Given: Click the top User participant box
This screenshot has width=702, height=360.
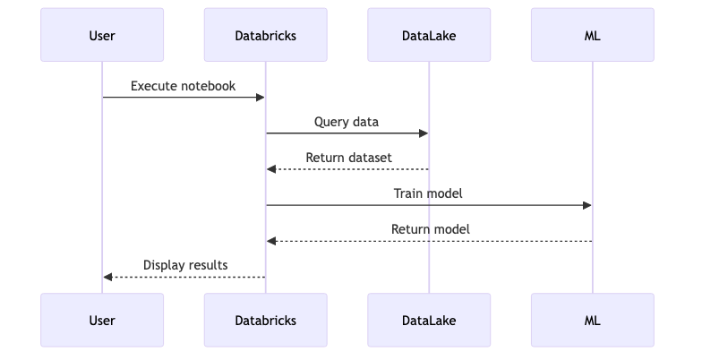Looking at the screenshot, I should coord(102,36).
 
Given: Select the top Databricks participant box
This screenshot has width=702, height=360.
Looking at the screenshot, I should coord(265,36).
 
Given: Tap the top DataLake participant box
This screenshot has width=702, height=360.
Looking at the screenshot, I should coord(429,36).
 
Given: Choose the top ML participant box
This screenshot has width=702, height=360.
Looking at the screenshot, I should coord(592,36).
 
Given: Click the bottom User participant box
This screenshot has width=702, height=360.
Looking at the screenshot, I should coord(102,320).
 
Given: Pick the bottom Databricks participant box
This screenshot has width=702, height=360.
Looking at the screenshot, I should coord(265,320).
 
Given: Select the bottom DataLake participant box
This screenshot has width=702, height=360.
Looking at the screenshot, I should coord(429,320).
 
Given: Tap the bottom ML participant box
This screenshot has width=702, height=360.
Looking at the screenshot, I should coord(592,320).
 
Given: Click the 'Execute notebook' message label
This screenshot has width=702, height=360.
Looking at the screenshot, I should coord(184,86).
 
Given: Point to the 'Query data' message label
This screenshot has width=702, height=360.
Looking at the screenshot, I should coord(347,122).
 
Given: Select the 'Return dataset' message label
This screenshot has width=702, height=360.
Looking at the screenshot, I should coord(348,158).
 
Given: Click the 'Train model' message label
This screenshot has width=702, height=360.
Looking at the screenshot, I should coord(428,193).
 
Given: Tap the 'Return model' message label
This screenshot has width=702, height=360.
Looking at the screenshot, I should coord(430,229).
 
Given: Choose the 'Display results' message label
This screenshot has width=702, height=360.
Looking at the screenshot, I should coord(185,265).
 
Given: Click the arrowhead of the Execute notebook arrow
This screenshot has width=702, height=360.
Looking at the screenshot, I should coord(260,98).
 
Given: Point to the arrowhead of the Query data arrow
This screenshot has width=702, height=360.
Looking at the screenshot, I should coord(424,133).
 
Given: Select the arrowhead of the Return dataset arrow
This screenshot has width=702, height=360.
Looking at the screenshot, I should coord(271,169).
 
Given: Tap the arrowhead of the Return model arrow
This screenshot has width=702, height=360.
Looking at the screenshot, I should coord(271,241).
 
